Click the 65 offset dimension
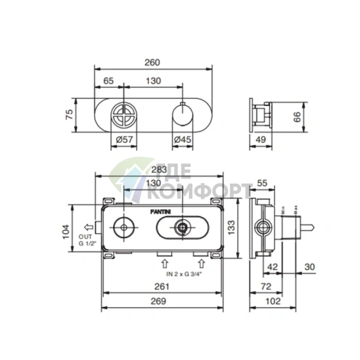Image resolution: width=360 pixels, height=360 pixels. pos(110,82)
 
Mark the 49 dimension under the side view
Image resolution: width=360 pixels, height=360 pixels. pos(262,139)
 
